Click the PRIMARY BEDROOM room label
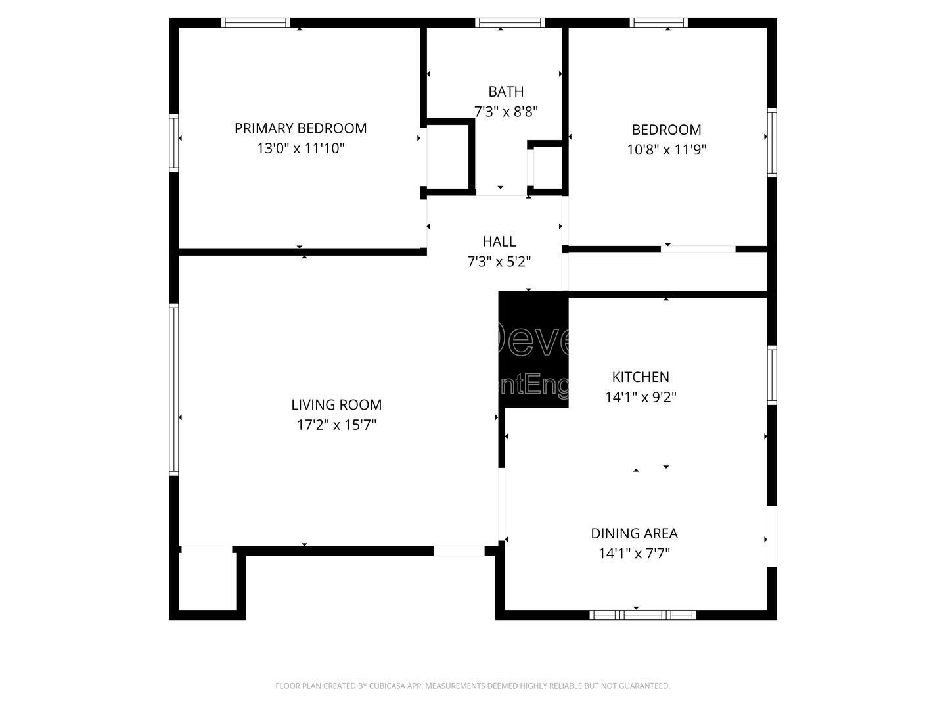click(x=300, y=128)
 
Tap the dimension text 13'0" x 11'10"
click(x=300, y=149)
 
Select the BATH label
click(x=506, y=91)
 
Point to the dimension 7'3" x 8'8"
click(x=506, y=112)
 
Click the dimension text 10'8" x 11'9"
click(x=666, y=150)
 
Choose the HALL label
click(x=499, y=241)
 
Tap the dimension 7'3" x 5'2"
click(x=499, y=262)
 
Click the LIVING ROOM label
click(x=336, y=405)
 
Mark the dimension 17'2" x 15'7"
click(x=336, y=425)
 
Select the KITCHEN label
click(x=641, y=377)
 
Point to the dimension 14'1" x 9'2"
click(x=641, y=397)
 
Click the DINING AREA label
click(x=634, y=533)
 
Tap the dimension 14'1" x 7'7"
click(x=634, y=554)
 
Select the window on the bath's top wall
click(x=510, y=22)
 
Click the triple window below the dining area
click(x=642, y=615)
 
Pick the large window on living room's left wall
click(x=173, y=389)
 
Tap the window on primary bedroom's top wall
click(x=256, y=22)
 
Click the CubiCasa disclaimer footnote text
click(x=472, y=686)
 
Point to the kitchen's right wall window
click(x=772, y=375)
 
